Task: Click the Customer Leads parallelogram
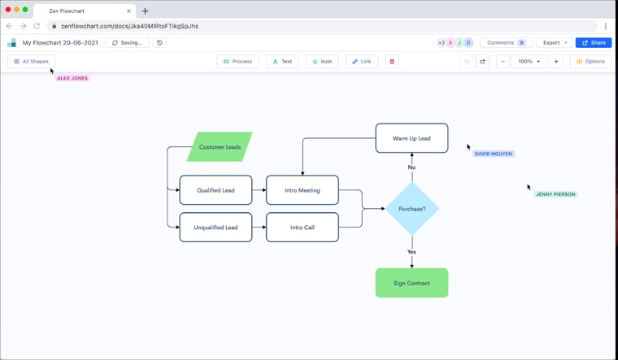[220, 147]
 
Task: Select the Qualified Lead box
[215, 190]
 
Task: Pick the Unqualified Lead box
[215, 228]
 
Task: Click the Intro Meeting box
[302, 190]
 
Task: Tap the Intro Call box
[302, 228]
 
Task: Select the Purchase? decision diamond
[411, 209]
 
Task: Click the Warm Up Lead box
[411, 138]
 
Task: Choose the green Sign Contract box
[411, 283]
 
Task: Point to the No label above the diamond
[411, 167]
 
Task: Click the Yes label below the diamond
[411, 252]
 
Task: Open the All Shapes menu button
[31, 62]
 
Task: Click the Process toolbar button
[237, 62]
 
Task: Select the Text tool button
[282, 62]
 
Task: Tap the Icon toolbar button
[322, 62]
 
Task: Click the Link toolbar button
[361, 62]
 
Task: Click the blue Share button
[594, 42]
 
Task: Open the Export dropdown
[554, 42]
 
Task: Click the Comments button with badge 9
[506, 42]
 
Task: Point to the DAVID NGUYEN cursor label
[494, 154]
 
